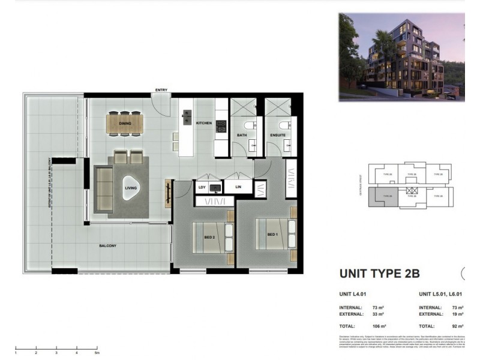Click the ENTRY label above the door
[161, 90]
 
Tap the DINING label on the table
[125, 124]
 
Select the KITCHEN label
[204, 123]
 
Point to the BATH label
[241, 135]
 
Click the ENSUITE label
[278, 135]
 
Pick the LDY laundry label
[202, 187]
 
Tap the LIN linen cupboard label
[239, 187]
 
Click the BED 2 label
[209, 237]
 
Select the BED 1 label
[272, 233]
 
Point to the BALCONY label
[109, 246]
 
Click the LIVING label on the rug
[131, 188]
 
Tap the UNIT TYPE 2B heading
[379, 274]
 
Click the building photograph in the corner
[401, 56]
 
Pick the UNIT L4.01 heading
[353, 295]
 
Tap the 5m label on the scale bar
[97, 353]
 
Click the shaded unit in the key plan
[384, 196]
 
